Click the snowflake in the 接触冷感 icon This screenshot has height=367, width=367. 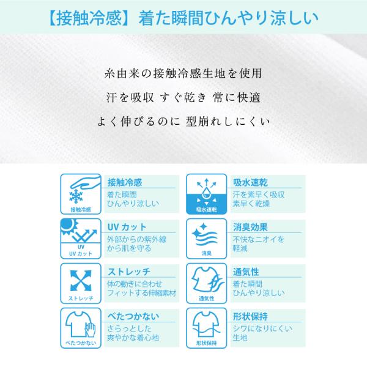pos(76,196)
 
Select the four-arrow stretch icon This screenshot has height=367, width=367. pos(81,280)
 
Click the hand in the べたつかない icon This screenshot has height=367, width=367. pos(90,330)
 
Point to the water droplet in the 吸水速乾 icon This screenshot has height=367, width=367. pos(207,192)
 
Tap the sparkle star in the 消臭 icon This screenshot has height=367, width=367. pos(204,226)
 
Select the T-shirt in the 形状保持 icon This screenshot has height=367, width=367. pos(206,324)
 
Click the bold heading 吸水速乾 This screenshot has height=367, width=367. pos(250,182)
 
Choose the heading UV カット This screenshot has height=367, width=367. pos(127,227)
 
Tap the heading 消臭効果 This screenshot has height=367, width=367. pos(250,227)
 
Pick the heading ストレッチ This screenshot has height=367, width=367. pos(129,272)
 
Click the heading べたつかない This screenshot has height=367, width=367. pos(133,316)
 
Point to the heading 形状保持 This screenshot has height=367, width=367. pos(250,316)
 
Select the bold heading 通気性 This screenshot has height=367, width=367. pos(246,272)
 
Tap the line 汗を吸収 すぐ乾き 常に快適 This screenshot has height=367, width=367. pos(183,97)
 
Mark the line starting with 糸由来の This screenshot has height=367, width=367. pos(183,73)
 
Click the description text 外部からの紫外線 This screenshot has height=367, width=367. pos(136,239)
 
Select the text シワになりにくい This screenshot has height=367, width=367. pos(262,328)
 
